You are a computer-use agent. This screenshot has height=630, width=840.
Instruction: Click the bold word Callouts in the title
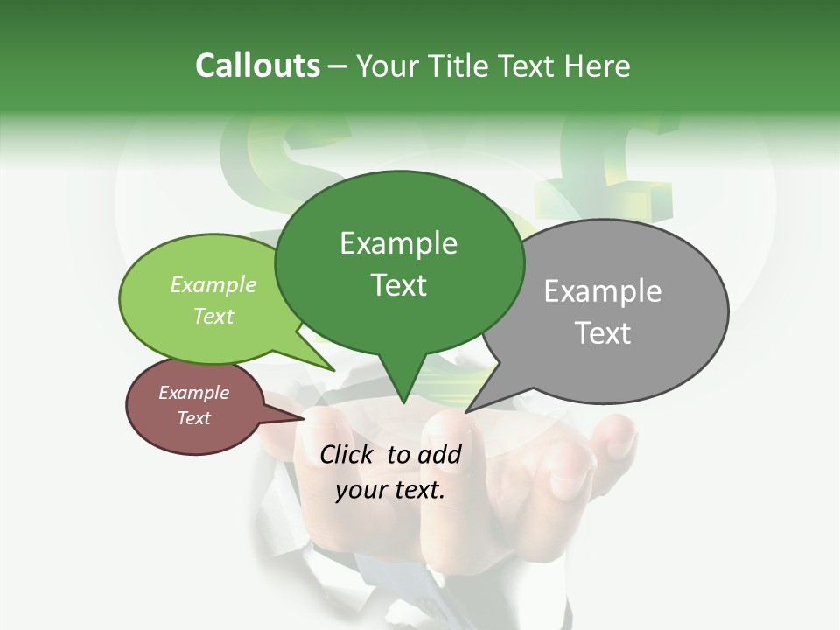pyautogui.click(x=257, y=66)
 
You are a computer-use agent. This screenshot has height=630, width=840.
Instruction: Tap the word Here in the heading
pyautogui.click(x=598, y=66)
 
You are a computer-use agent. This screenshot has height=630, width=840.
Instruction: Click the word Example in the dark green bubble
pyautogui.click(x=399, y=242)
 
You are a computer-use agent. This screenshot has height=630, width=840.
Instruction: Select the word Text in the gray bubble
pyautogui.click(x=603, y=332)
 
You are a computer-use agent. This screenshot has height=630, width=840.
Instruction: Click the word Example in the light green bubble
pyautogui.click(x=213, y=284)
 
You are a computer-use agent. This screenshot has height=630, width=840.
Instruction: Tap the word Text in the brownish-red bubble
pyautogui.click(x=193, y=418)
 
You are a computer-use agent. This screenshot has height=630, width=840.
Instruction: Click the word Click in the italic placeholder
pyautogui.click(x=347, y=454)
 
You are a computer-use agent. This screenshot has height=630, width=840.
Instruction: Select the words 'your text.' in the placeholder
pyautogui.click(x=390, y=490)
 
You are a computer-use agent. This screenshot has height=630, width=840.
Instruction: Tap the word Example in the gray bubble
pyautogui.click(x=603, y=290)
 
